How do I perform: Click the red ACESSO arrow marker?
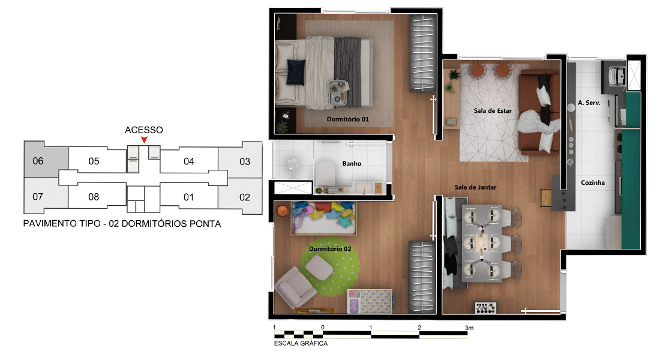(x=145, y=140)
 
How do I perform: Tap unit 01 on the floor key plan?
(x=188, y=197)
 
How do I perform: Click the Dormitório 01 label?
(x=347, y=119)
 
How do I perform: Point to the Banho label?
(x=352, y=163)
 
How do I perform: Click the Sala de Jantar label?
(x=475, y=187)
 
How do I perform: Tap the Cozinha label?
(x=593, y=182)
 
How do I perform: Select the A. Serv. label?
(x=589, y=103)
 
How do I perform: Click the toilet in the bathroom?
(x=325, y=173)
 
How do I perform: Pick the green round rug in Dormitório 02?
(x=329, y=266)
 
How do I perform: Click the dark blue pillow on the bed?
(x=296, y=72)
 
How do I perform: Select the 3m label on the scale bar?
(x=469, y=328)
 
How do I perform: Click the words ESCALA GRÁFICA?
(x=301, y=343)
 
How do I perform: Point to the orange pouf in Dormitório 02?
(x=282, y=211)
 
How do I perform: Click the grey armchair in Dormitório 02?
(x=295, y=287)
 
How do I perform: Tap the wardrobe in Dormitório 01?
(x=422, y=53)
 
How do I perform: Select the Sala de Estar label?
(x=493, y=111)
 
